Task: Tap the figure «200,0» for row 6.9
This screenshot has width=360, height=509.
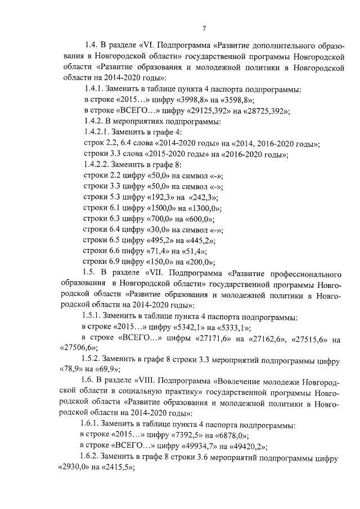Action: [x=197, y=262]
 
